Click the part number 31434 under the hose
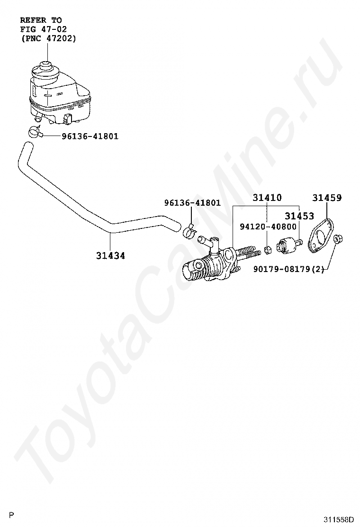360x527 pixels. pyautogui.click(x=110, y=256)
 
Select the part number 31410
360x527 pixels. pyautogui.click(x=267, y=198)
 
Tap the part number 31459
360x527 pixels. pyautogui.click(x=327, y=198)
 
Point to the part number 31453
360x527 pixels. pyautogui.click(x=299, y=216)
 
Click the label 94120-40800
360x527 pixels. pyautogui.click(x=268, y=227)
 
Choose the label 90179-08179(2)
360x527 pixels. pyautogui.click(x=289, y=269)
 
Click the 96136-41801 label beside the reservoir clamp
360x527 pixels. pyautogui.click(x=90, y=136)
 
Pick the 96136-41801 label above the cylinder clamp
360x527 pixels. pyautogui.click(x=192, y=203)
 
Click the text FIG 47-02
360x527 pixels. pyautogui.click(x=43, y=29)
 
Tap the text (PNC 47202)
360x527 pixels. pyautogui.click(x=48, y=38)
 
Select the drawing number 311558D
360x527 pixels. pyautogui.click(x=339, y=519)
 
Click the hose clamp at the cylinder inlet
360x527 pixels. pyautogui.click(x=190, y=232)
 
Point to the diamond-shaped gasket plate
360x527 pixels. pyautogui.click(x=321, y=236)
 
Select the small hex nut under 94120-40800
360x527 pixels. pyautogui.click(x=268, y=250)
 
